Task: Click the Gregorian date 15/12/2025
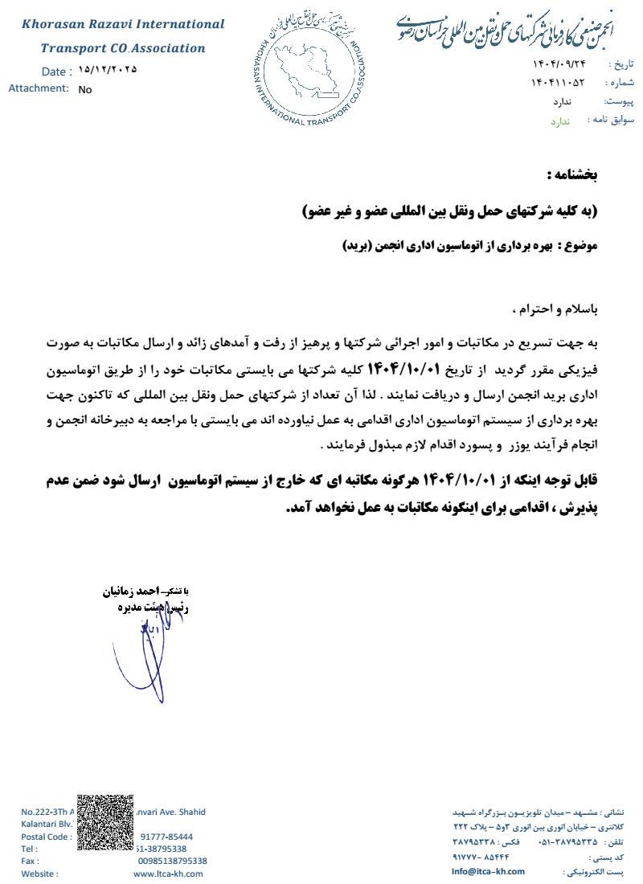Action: [109, 70]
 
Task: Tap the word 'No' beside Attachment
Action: [85, 90]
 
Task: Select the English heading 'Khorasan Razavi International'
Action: [123, 24]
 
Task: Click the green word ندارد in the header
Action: [559, 121]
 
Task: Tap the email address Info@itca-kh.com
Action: [488, 871]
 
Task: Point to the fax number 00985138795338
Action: [172, 861]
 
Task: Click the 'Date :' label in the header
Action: [57, 72]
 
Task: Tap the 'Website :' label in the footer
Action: [39, 874]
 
